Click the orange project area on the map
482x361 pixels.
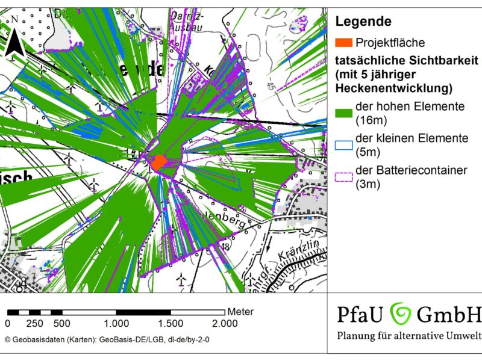pos(159,162)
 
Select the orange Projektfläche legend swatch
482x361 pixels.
pos(343,43)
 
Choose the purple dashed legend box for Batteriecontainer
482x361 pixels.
pos(343,177)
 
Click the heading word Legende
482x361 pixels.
pos(363,22)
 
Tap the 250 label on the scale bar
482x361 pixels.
pos(34,323)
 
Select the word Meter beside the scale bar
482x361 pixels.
pos(240,312)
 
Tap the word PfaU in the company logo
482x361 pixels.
pos(360,314)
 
